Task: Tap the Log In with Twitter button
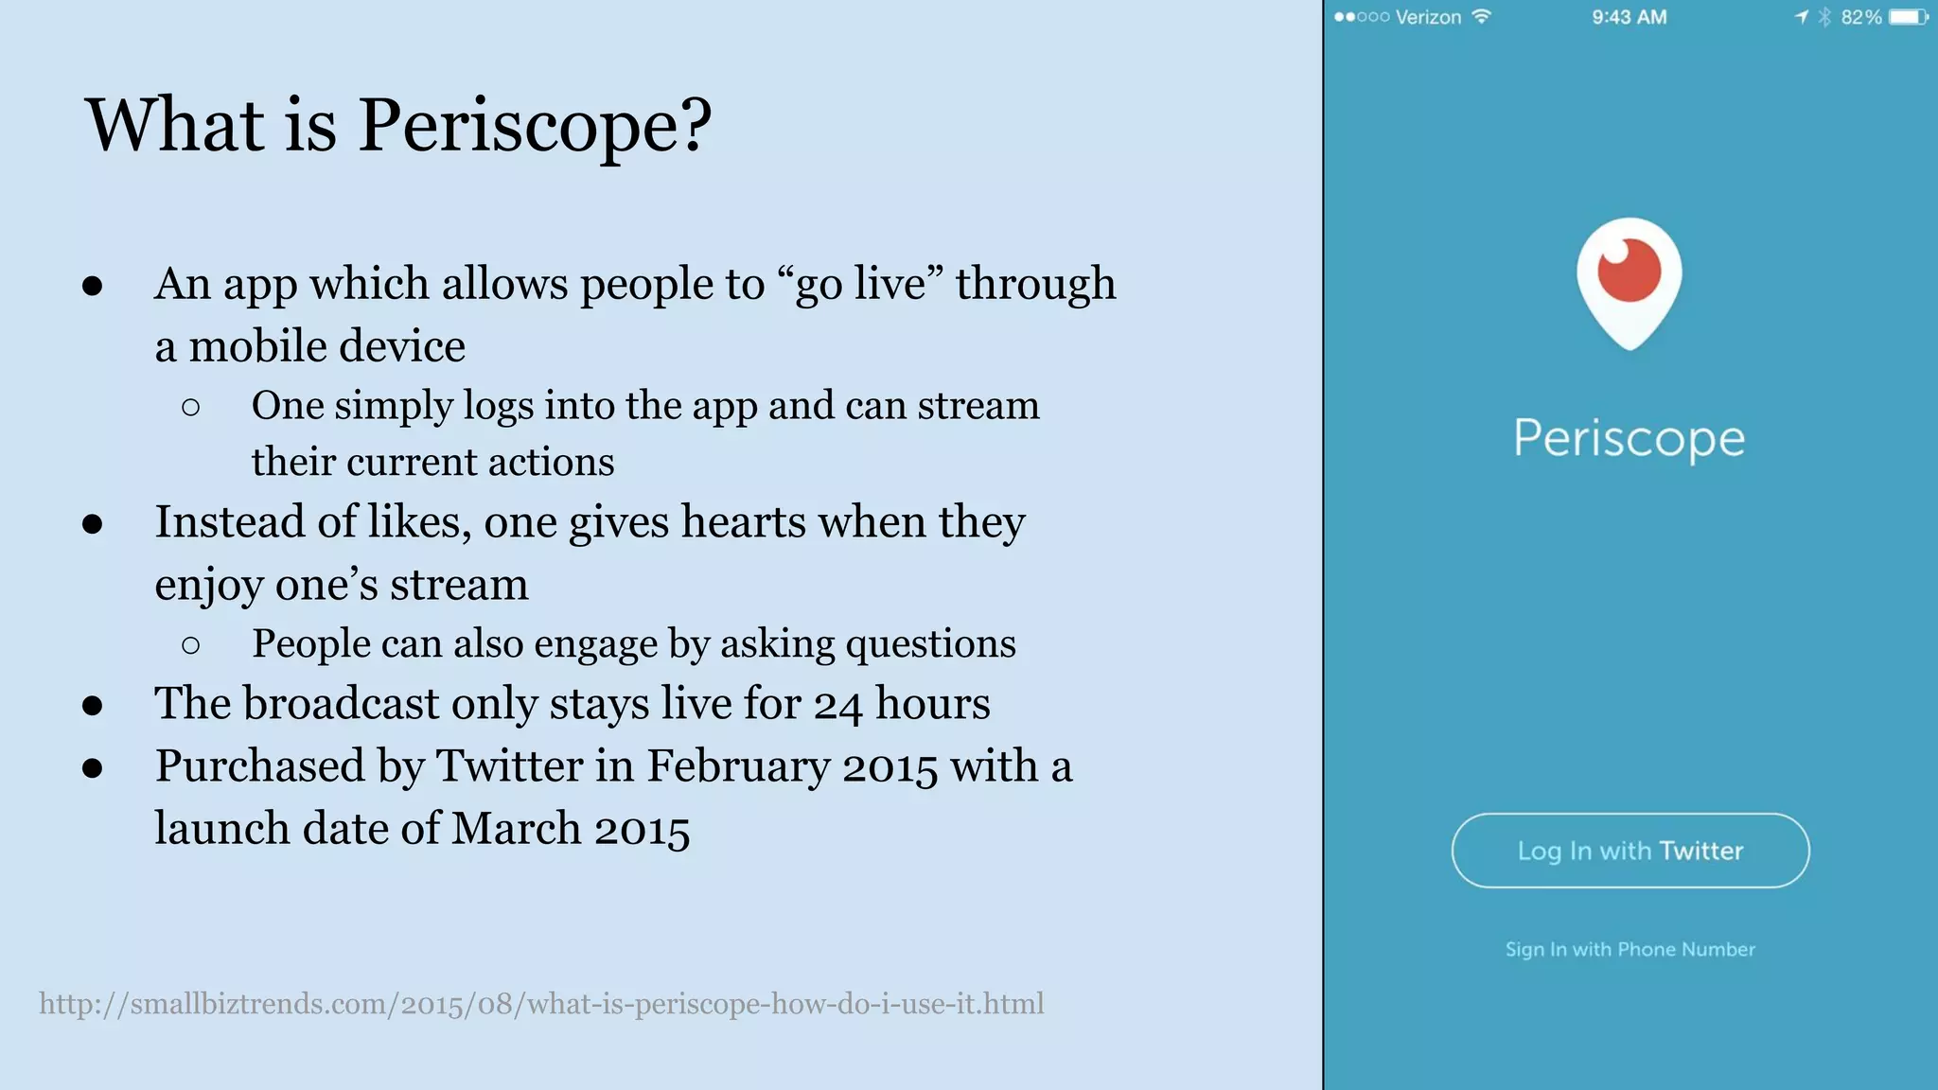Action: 1630,851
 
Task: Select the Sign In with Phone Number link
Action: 1630,949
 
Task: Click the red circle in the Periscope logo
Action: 1629,270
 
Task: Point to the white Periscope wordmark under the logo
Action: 1629,439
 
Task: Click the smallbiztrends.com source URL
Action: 541,1003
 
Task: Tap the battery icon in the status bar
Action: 1907,17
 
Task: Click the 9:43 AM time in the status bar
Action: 1629,17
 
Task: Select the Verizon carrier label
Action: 1428,17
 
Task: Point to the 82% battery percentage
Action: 1860,17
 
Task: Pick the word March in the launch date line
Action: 516,828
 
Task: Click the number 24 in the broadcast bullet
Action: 837,704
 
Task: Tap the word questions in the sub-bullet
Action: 930,644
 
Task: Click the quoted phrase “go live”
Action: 860,284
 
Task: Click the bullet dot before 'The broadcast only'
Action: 92,705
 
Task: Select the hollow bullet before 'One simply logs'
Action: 190,407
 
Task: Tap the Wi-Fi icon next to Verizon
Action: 1482,16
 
